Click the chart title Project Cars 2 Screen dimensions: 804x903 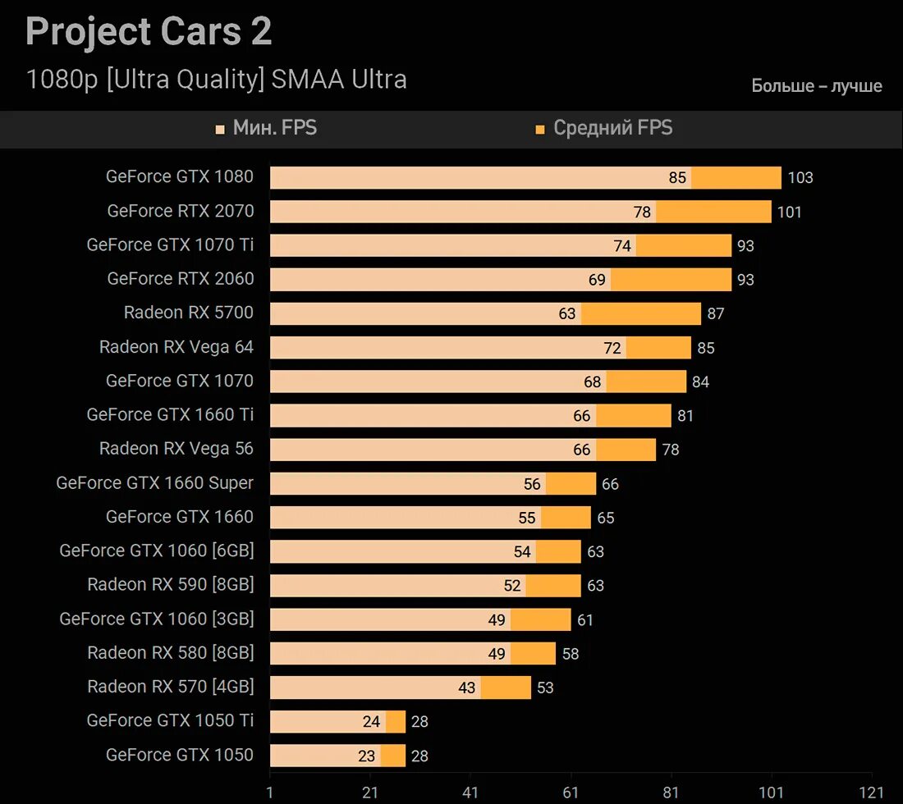tap(149, 32)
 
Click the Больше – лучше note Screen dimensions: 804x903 tap(817, 86)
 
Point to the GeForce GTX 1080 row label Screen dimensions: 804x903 tap(180, 176)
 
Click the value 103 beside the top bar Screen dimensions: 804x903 tap(800, 178)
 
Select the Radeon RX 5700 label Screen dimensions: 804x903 tap(189, 313)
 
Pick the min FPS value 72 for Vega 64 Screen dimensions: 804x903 tap(612, 348)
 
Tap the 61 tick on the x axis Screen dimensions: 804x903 tap(571, 793)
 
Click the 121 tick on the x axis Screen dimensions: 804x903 tap(871, 793)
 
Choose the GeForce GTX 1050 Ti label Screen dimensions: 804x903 tap(170, 721)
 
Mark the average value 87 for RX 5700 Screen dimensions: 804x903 tap(715, 314)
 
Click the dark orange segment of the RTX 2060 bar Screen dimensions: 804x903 tap(671, 280)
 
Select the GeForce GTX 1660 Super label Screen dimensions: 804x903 tap(155, 483)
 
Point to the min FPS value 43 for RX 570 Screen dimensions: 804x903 tap(467, 688)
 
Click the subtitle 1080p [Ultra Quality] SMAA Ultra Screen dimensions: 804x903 tap(217, 80)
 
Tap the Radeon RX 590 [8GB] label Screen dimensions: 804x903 tap(171, 585)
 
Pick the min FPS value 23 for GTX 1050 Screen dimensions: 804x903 tap(366, 756)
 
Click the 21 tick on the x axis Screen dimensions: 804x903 tap(370, 793)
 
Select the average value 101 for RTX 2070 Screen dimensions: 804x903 tap(789, 212)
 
